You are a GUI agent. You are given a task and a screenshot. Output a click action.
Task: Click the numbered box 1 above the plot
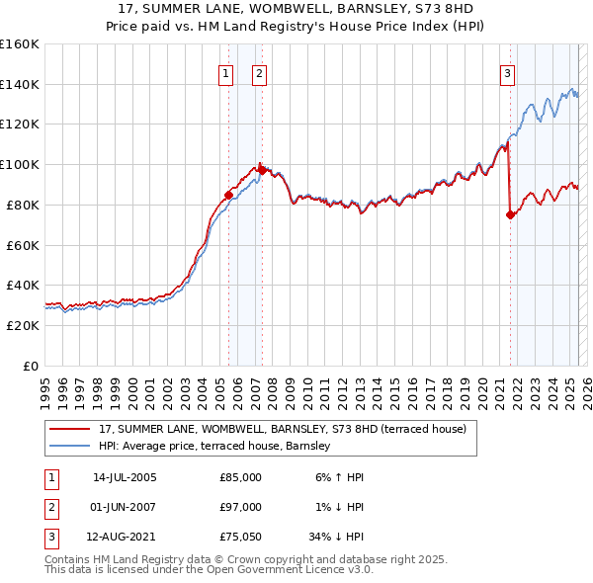(x=226, y=72)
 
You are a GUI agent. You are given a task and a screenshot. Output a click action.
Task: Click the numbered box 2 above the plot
(x=259, y=72)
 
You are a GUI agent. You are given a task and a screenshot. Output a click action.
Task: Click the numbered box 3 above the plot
(x=507, y=72)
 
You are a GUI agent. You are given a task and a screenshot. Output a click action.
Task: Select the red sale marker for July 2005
(x=228, y=195)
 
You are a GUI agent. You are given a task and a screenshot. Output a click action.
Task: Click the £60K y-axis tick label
(x=23, y=245)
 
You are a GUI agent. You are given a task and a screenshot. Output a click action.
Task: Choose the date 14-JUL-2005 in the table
(x=125, y=477)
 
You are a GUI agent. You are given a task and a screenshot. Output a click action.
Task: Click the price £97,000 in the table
(x=241, y=507)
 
